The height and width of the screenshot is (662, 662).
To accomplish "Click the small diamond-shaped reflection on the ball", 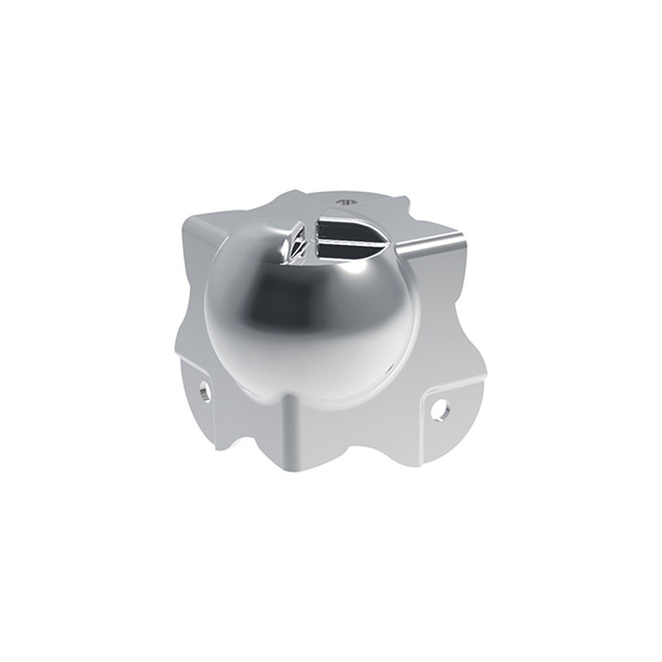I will [292, 243].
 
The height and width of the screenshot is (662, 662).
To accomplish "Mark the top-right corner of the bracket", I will [464, 240].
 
